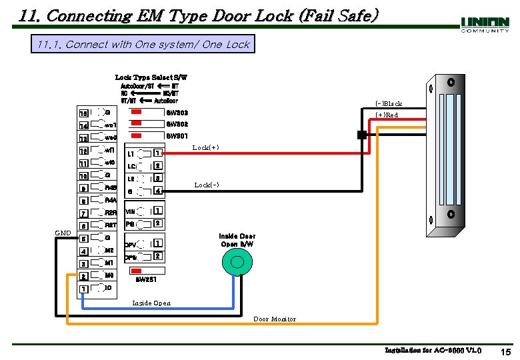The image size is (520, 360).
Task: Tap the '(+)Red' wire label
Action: tap(387, 115)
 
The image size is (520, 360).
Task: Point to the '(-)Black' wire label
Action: tap(389, 103)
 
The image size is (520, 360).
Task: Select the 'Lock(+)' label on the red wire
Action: tap(205, 147)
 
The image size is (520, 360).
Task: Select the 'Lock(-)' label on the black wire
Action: tap(207, 185)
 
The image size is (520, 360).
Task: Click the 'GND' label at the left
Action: tap(63, 233)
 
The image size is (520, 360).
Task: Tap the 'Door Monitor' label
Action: tap(275, 319)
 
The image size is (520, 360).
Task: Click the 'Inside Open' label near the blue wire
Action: tap(151, 303)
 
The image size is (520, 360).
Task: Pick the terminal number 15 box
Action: tap(83, 113)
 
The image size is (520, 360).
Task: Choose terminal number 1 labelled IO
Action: tap(83, 289)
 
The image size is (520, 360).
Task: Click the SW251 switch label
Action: tap(147, 280)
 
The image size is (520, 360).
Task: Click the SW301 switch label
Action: tap(177, 136)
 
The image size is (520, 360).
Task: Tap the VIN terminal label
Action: tap(131, 212)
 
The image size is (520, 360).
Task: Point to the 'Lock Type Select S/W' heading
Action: tap(151, 78)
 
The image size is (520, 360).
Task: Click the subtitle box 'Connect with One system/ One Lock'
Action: tap(143, 45)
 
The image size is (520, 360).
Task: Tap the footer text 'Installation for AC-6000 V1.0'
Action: tap(433, 350)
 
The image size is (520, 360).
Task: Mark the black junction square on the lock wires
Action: tap(361, 135)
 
